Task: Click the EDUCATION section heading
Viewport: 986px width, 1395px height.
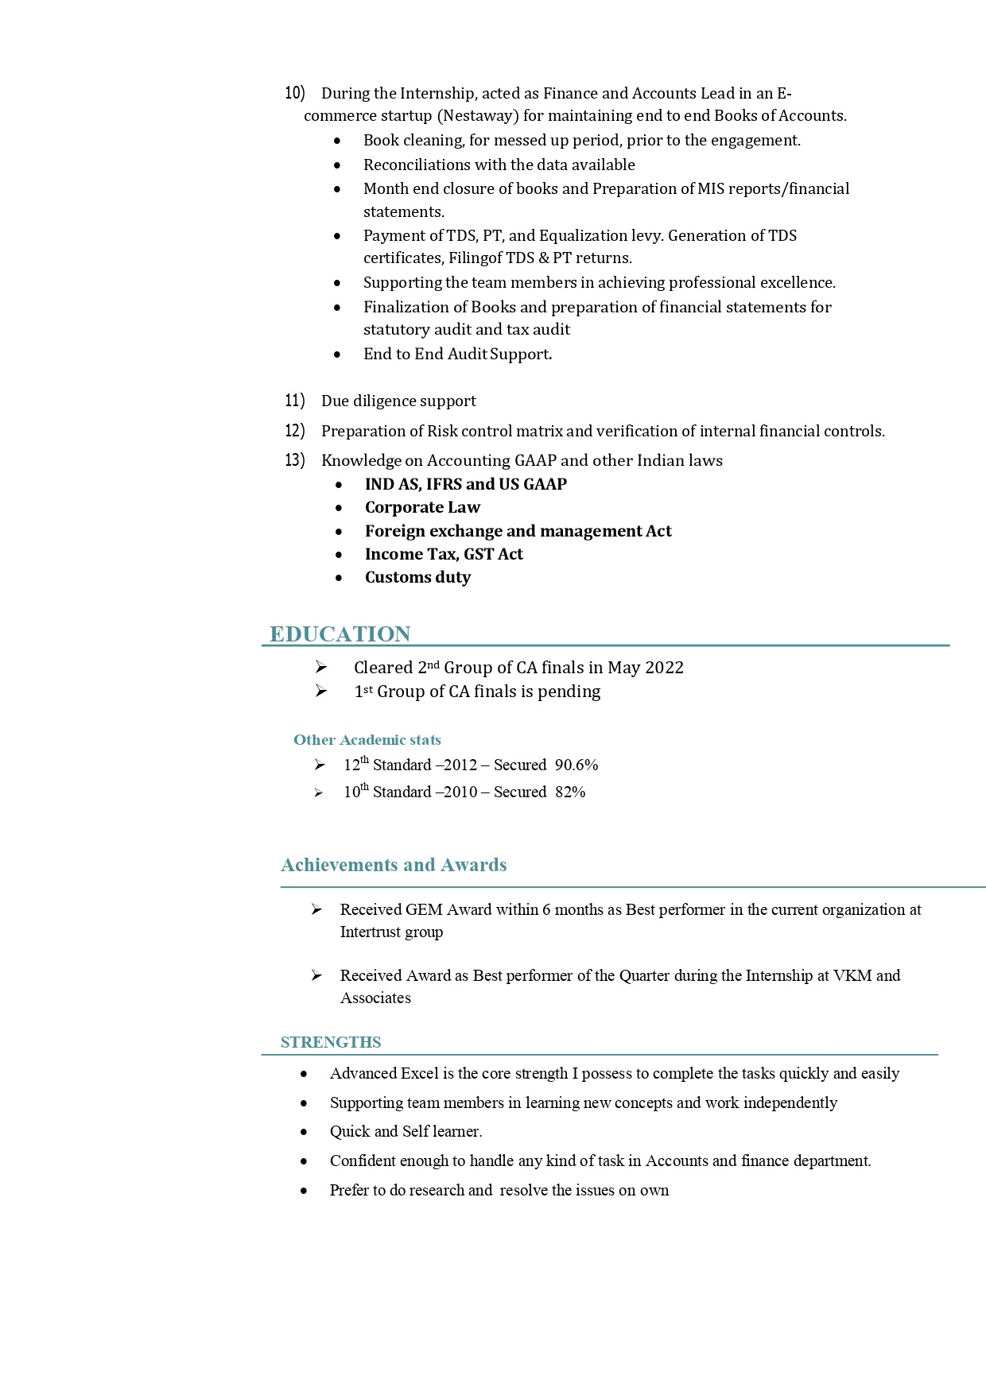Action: [x=340, y=634]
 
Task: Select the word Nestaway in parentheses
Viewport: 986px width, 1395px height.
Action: [x=477, y=116]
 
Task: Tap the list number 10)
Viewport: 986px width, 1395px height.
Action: [x=295, y=93]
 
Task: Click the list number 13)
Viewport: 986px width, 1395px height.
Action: [x=295, y=460]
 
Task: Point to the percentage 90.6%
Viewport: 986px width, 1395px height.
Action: [x=576, y=765]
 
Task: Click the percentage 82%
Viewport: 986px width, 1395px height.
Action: [x=570, y=792]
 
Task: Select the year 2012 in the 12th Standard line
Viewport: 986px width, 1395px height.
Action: [x=460, y=765]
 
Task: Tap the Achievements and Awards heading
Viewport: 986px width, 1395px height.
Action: [x=394, y=865]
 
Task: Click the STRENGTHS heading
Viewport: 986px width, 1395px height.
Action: [x=331, y=1042]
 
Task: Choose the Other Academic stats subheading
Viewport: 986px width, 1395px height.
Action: [x=367, y=740]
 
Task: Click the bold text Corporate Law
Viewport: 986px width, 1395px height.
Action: [x=422, y=508]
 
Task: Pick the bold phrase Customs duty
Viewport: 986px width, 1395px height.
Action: [x=417, y=578]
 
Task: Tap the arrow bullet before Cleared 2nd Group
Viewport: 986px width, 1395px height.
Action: [x=320, y=668]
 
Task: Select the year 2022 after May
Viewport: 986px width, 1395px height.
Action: [x=665, y=668]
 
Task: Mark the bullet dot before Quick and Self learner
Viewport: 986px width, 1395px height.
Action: [x=304, y=1132]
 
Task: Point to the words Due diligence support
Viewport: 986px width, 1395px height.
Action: [x=398, y=401]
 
